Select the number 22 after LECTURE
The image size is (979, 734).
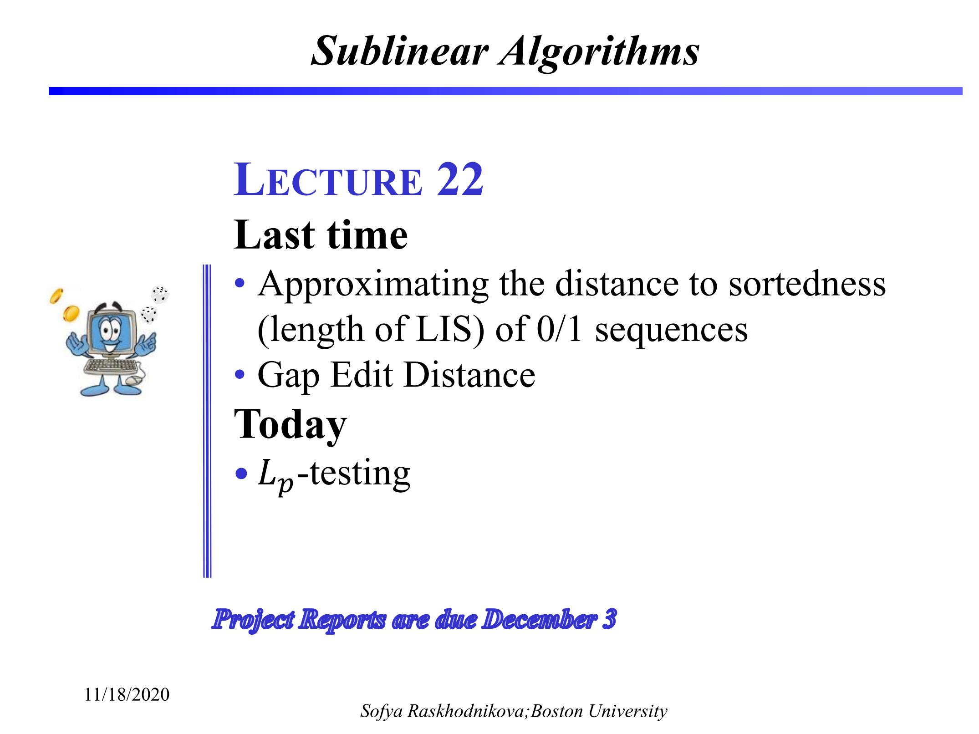click(460, 180)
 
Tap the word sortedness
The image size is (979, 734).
click(807, 283)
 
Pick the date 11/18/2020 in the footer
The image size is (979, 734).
click(127, 695)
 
